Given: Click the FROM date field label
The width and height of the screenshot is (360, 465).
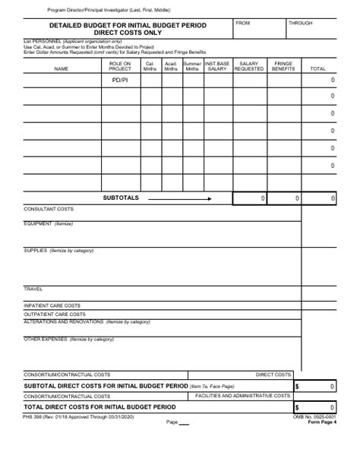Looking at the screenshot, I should tap(243, 24).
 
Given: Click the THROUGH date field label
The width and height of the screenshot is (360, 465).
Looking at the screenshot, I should tap(300, 24).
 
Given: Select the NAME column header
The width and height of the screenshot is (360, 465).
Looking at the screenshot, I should tap(61, 69).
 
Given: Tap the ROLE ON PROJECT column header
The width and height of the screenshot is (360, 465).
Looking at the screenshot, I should tap(120, 67).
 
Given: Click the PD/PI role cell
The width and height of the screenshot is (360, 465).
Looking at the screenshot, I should tap(120, 79).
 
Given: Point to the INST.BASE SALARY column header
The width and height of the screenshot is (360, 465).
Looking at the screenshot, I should tap(216, 67).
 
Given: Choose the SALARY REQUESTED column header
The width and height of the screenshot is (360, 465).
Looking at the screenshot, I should tap(249, 67).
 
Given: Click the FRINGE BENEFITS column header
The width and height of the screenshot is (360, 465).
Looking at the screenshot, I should tap(283, 67).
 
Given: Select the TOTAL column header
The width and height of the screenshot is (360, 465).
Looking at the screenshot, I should tap(319, 69).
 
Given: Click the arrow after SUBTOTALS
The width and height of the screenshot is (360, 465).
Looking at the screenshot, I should tap(179, 198).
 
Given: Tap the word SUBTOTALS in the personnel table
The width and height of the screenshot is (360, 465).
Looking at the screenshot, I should tap(121, 198).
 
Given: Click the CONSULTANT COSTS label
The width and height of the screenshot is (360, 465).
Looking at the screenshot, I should tap(49, 209).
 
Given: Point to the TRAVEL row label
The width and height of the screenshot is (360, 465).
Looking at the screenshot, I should tap(33, 289).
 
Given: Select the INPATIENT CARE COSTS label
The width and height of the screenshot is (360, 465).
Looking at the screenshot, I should tap(52, 305).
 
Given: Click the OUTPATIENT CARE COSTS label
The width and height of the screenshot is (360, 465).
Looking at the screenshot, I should tap(55, 314).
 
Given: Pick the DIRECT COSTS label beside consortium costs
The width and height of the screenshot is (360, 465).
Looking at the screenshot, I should tap(273, 375).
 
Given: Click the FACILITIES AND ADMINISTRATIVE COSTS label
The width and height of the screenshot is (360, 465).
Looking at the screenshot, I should tap(243, 396).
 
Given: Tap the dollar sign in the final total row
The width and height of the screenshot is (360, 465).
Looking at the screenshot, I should tap(297, 408).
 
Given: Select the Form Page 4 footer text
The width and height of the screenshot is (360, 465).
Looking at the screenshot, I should tap(322, 423).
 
